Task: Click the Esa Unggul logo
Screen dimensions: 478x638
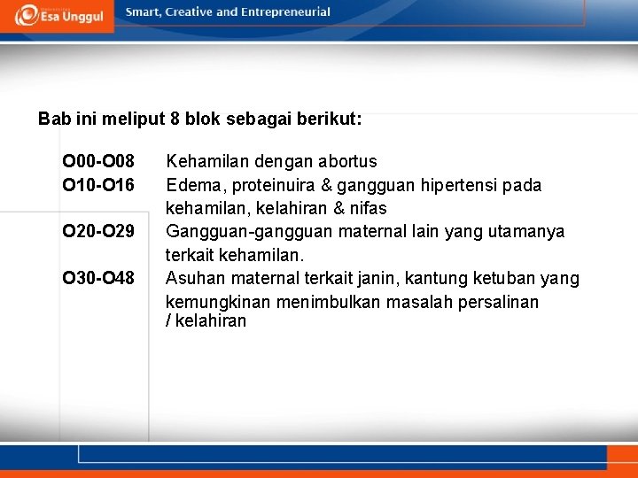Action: tap(59, 15)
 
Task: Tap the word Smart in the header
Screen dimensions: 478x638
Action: tap(145, 12)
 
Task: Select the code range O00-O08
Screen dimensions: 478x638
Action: tap(98, 161)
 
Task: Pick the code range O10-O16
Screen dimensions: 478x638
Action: tap(98, 184)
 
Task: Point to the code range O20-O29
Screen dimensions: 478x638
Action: tap(98, 231)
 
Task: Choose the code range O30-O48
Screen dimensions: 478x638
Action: tap(98, 278)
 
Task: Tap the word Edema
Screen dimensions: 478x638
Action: tap(190, 185)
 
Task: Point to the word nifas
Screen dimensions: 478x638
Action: tap(368, 208)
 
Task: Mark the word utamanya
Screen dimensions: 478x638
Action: tap(532, 232)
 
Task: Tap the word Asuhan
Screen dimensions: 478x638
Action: tap(192, 279)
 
